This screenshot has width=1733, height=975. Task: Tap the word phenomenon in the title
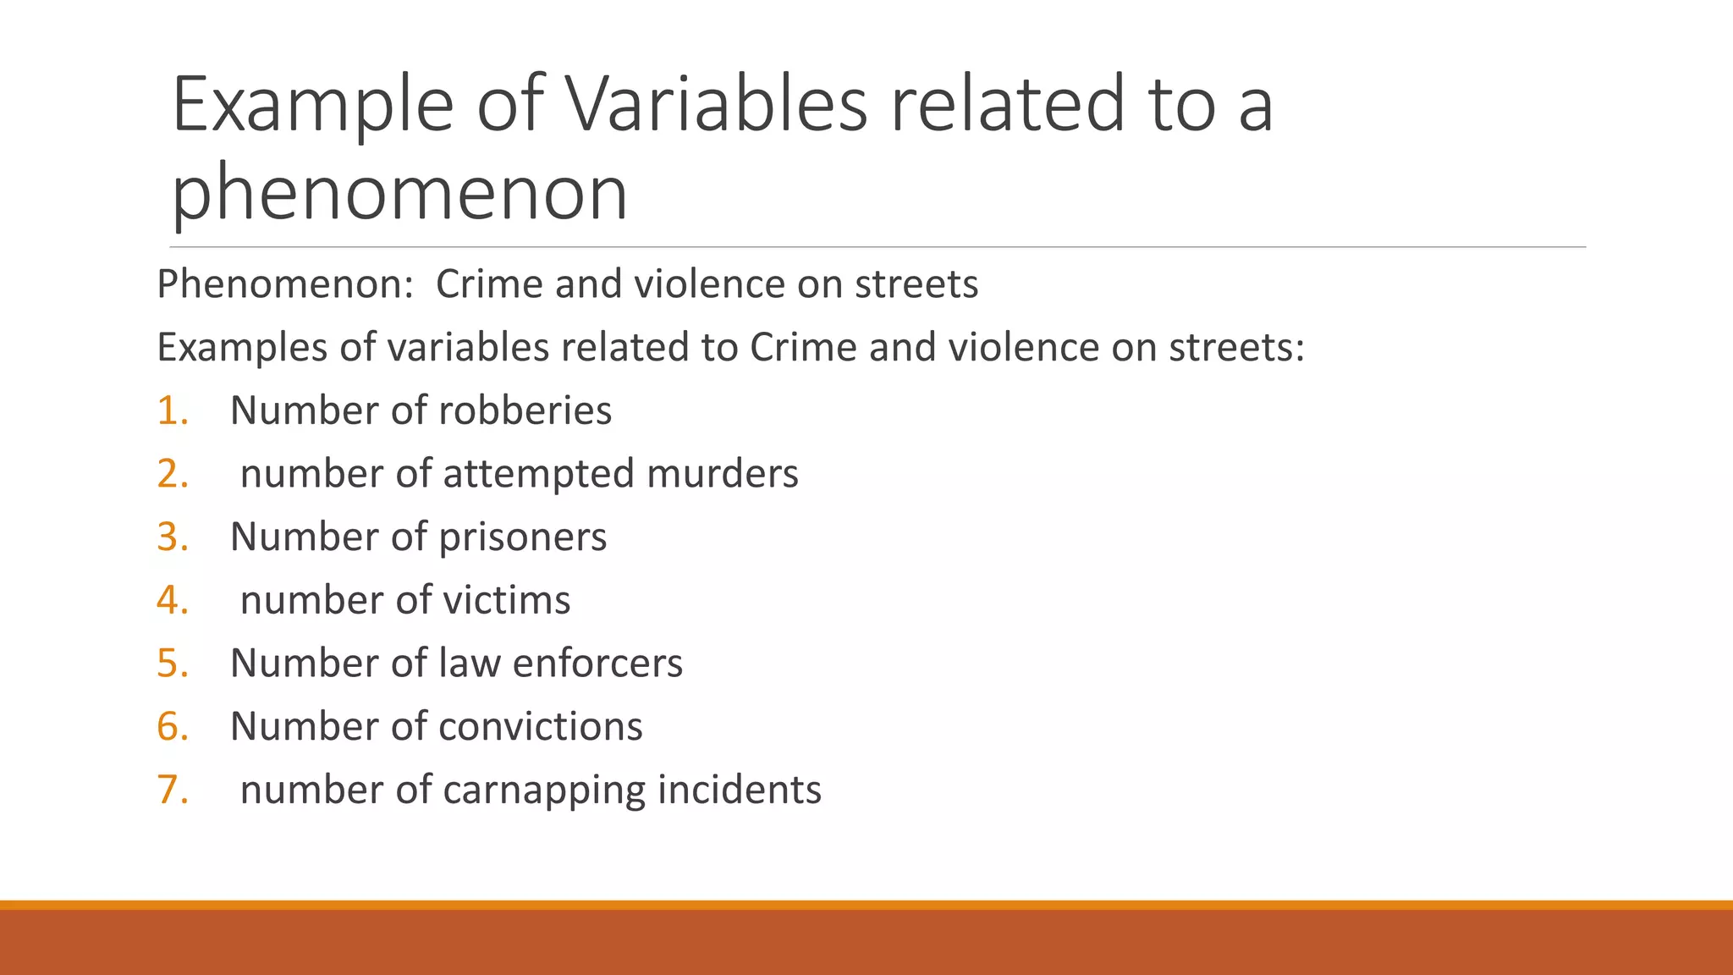click(399, 193)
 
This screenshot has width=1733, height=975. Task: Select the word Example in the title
click(313, 105)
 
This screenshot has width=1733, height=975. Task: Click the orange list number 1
click(172, 411)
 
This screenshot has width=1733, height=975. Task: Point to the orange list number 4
click(172, 601)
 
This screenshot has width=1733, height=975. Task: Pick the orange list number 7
click(172, 790)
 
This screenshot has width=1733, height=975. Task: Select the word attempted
click(538, 474)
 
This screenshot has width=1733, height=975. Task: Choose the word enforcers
click(597, 664)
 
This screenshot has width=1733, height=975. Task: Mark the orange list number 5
click(172, 664)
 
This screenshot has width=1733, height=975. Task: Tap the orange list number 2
click(172, 474)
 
